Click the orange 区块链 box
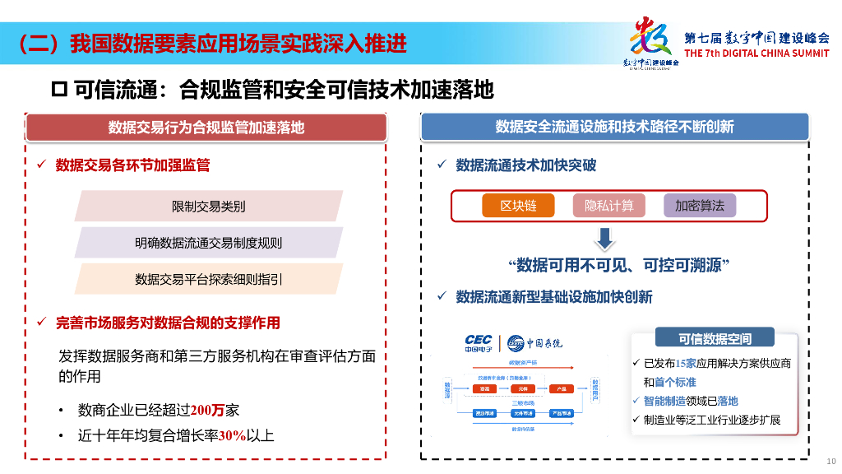pyautogui.click(x=518, y=206)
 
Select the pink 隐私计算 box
pyautogui.click(x=608, y=206)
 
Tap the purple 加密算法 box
pyautogui.click(x=700, y=206)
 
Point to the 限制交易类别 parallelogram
pyautogui.click(x=208, y=206)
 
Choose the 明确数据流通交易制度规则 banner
pyautogui.click(x=208, y=243)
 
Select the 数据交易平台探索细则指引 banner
pyautogui.click(x=208, y=279)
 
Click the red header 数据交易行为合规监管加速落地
pyautogui.click(x=206, y=127)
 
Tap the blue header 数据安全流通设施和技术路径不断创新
pyautogui.click(x=614, y=127)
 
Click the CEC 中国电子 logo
pyautogui.click(x=478, y=343)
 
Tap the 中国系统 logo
pyautogui.click(x=535, y=342)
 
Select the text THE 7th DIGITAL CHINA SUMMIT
pyautogui.click(x=756, y=53)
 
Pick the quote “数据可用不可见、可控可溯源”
pyautogui.click(x=619, y=265)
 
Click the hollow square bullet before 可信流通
pyautogui.click(x=58, y=89)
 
